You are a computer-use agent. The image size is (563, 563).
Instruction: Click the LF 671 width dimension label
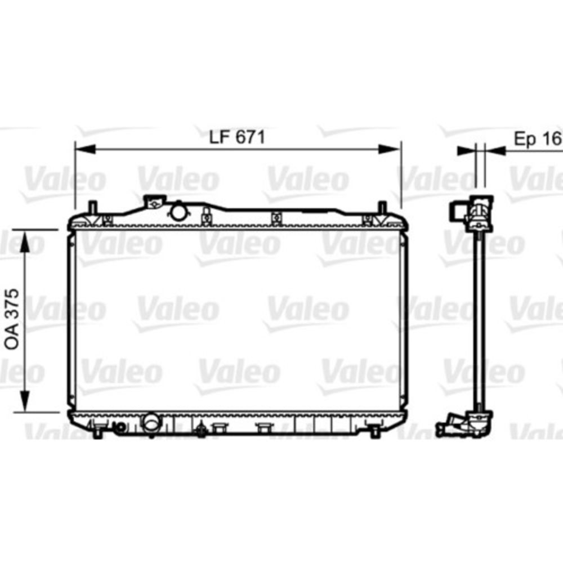[x=237, y=137]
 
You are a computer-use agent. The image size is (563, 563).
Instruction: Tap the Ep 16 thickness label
[x=537, y=138]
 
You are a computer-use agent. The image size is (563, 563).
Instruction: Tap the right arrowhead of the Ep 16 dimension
[x=495, y=150]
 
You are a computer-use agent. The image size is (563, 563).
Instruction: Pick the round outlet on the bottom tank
[x=151, y=423]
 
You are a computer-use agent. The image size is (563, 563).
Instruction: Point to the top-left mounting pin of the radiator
[x=92, y=207]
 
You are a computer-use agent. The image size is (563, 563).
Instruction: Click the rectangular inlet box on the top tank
[x=154, y=201]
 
